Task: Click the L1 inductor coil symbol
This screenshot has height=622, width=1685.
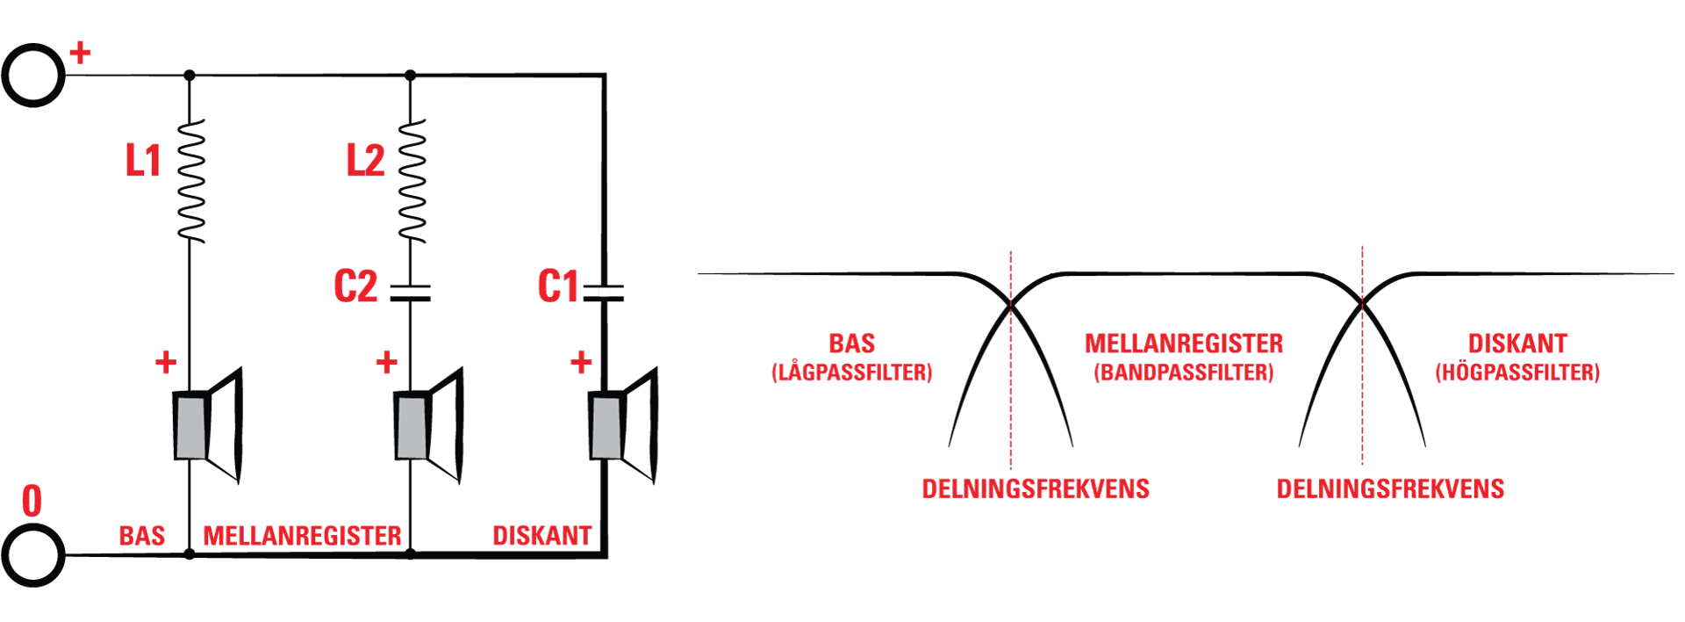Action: coord(190,181)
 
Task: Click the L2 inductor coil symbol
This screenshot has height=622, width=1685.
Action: coord(412,181)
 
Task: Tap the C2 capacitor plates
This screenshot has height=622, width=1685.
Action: coord(410,293)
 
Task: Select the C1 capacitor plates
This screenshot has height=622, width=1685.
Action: coord(604,293)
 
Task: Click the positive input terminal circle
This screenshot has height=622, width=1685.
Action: coord(33,76)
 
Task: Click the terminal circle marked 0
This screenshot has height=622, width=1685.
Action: coord(33,555)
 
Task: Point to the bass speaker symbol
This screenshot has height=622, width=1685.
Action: coord(207,426)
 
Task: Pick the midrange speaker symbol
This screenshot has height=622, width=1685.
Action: coord(428,426)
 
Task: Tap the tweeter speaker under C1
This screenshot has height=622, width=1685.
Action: coord(623,426)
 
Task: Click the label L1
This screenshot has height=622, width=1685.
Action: coord(143,161)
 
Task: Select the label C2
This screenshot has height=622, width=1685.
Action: coord(355,286)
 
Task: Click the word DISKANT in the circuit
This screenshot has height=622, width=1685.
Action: coord(541,536)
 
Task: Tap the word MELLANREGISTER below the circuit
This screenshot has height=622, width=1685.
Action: coord(302,536)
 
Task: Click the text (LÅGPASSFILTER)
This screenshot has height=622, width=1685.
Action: coord(851,372)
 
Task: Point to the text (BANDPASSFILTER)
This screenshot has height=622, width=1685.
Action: coord(1183,372)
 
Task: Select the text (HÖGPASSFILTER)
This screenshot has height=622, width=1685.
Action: coord(1517,372)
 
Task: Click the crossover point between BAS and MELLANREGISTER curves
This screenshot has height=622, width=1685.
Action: coord(1011,306)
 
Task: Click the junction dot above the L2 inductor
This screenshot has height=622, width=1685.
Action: coord(410,76)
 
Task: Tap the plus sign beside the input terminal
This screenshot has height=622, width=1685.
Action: coord(80,53)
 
